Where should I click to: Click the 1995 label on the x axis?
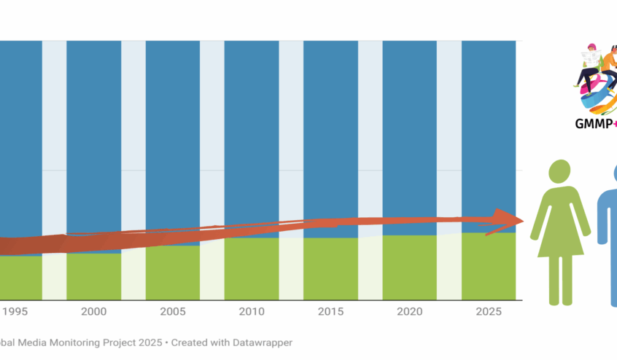point(14,311)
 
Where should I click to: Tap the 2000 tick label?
point(93,311)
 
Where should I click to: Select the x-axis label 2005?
point(172,311)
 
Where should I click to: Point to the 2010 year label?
point(252,311)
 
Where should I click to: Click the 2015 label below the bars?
point(330,311)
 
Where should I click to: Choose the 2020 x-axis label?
point(409,311)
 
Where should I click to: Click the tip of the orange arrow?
point(523,220)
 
